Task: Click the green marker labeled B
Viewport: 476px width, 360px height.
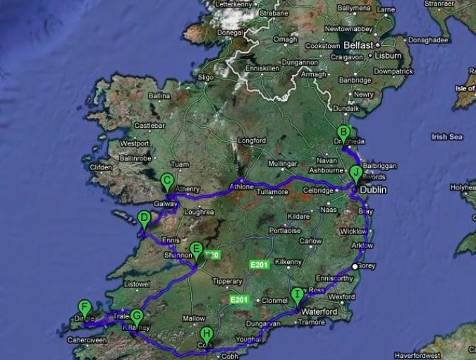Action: pyautogui.click(x=343, y=132)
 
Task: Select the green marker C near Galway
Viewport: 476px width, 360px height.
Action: pyautogui.click(x=168, y=181)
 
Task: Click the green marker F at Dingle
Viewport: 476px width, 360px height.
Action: pyautogui.click(x=85, y=307)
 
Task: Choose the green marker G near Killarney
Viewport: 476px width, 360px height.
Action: pyautogui.click(x=136, y=317)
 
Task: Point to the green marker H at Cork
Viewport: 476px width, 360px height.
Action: pyautogui.click(x=207, y=334)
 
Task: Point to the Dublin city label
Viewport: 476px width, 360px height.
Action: pyautogui.click(x=373, y=191)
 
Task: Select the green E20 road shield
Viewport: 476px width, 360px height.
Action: pyautogui.click(x=213, y=255)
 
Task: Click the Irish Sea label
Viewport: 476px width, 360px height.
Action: pyautogui.click(x=446, y=136)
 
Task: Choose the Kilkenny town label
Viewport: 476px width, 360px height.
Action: pyautogui.click(x=288, y=262)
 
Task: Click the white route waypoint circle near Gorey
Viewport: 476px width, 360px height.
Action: pyautogui.click(x=355, y=266)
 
